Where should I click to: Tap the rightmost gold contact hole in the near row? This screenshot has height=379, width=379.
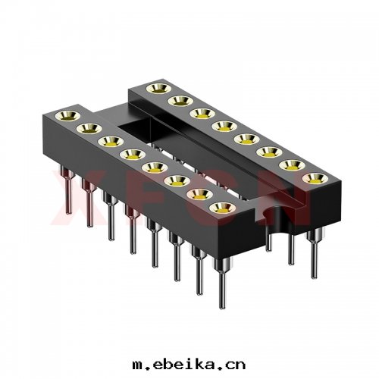[x=221, y=208]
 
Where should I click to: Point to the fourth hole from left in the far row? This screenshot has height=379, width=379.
[x=224, y=126]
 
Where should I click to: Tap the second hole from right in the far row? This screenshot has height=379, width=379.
[x=292, y=165]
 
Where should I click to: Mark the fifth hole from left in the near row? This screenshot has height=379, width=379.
[x=153, y=168]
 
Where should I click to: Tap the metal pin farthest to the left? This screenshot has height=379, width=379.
[x=67, y=193]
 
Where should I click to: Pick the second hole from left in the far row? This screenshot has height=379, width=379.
[x=180, y=101]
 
